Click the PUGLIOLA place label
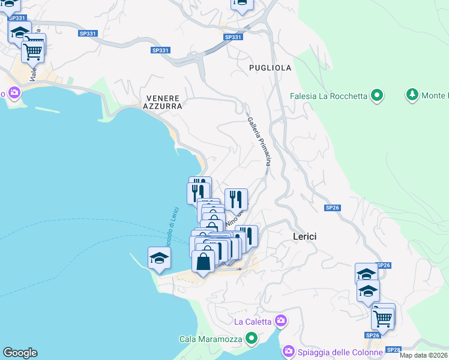tap(270, 68)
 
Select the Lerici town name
tap(304, 236)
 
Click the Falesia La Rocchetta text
tap(328, 95)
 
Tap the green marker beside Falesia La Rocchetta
tap(377, 95)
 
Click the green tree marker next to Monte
tap(412, 95)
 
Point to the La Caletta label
tap(252, 321)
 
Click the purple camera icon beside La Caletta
tap(280, 320)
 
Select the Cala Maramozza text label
tap(211, 339)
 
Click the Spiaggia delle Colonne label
tap(340, 351)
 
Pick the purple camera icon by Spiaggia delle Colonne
tap(288, 350)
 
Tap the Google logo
tap(20, 352)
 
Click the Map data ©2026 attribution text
tap(424, 355)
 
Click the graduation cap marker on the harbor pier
tap(160, 258)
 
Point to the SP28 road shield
tap(393, 349)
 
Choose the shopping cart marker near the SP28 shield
tap(382, 318)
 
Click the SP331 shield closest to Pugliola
tap(233, 37)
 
